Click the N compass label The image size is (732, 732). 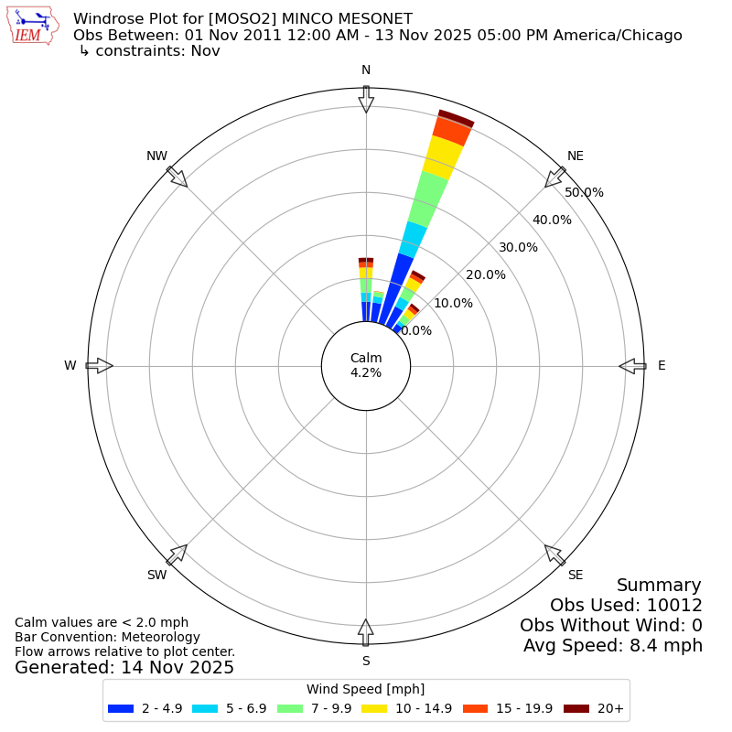366,70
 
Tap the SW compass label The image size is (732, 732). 156,575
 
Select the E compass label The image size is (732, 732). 662,366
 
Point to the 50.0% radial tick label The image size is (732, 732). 584,192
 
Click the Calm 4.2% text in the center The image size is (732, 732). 366,365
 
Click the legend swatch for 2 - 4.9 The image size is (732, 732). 121,708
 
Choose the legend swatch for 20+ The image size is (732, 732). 576,708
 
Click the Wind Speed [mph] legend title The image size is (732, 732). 365,689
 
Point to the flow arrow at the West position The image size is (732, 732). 99,366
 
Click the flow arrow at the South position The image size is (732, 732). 366,632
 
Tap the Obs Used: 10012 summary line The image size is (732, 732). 626,605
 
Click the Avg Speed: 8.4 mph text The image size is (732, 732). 612,645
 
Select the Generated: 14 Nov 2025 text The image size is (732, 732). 124,668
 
